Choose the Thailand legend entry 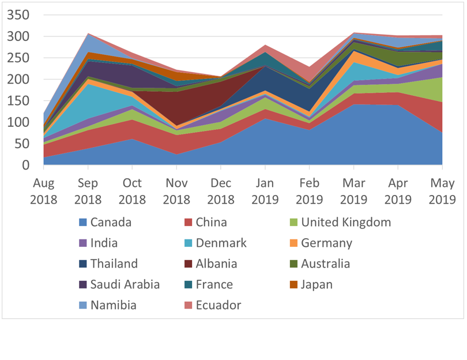[x=114, y=264]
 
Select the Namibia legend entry [x=114, y=305]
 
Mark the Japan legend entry [x=317, y=284]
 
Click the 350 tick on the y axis [x=18, y=15]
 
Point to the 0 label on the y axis [x=25, y=166]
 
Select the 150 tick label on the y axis [x=18, y=101]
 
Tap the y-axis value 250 [x=18, y=58]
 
